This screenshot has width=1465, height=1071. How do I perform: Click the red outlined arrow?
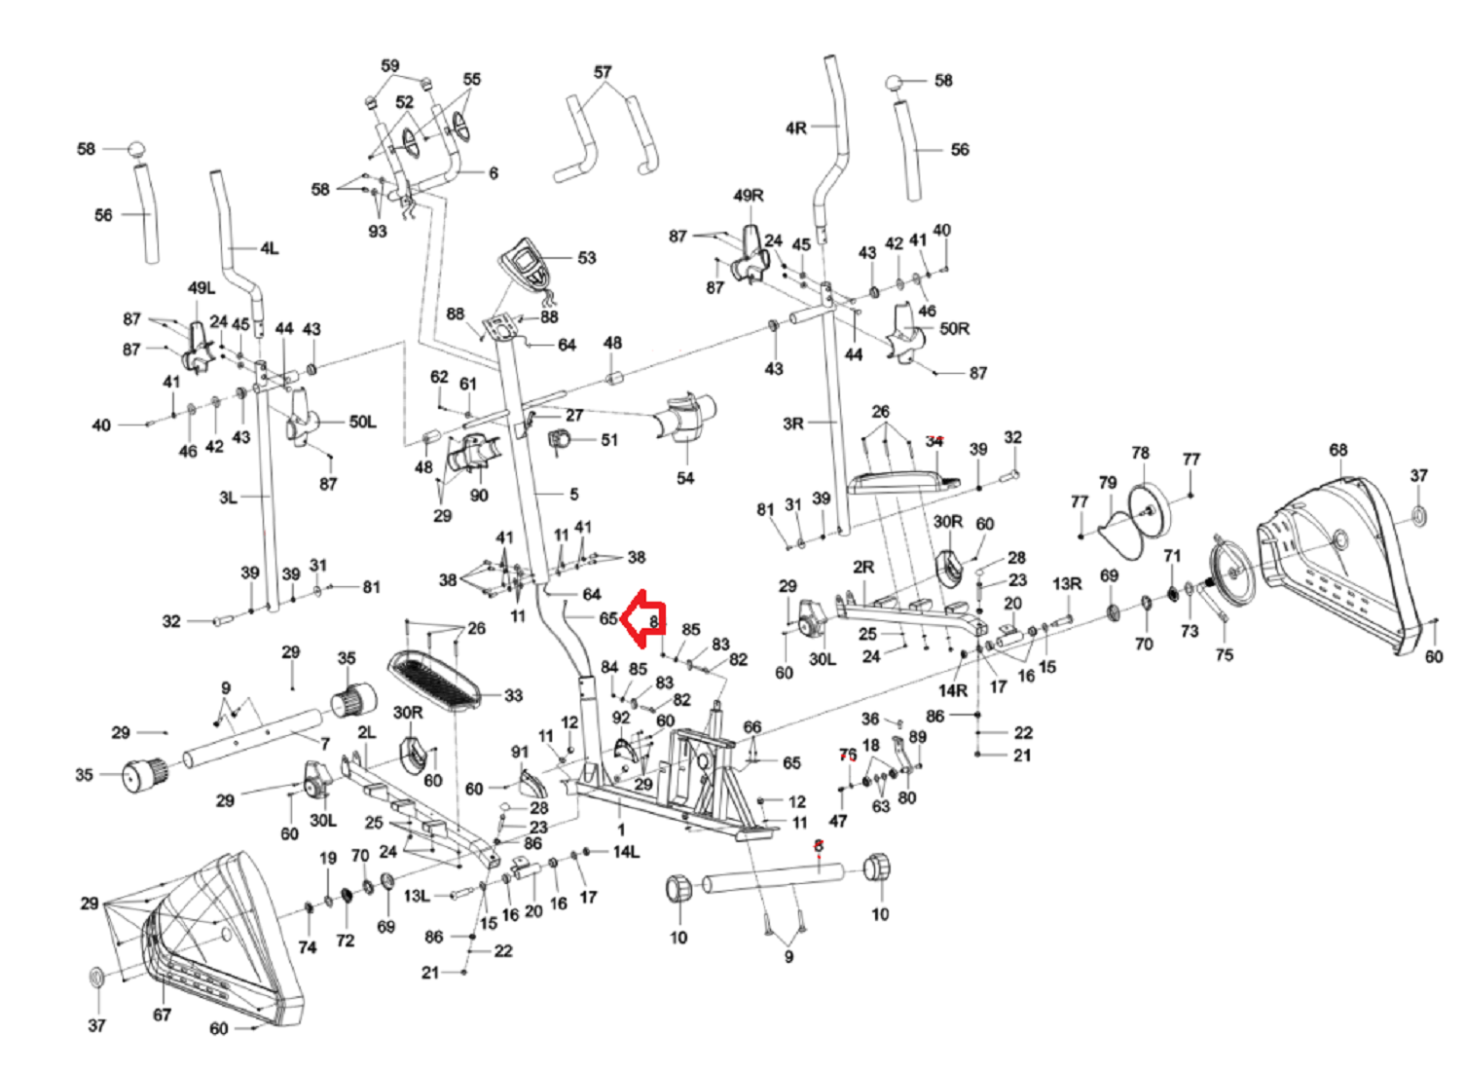tap(642, 618)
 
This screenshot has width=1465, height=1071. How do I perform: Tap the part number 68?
tap(1338, 450)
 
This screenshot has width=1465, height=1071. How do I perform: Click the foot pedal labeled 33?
tap(435, 678)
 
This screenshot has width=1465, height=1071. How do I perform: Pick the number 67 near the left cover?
tap(162, 1015)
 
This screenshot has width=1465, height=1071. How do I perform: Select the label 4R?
tap(795, 129)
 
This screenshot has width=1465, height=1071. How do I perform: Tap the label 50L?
tap(362, 422)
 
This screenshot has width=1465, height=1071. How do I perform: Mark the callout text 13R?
tap(1067, 583)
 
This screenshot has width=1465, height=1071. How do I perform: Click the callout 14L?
tap(626, 852)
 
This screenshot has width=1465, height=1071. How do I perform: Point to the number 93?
tap(377, 231)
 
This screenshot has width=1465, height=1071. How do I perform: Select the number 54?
tap(685, 478)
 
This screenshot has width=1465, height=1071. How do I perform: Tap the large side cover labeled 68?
tap(1343, 565)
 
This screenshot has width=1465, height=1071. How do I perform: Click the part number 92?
tap(621, 718)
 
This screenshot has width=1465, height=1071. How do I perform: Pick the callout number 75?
tap(1224, 654)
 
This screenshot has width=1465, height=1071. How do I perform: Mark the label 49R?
tap(749, 196)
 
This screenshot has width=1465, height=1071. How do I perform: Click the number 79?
tap(1108, 483)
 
